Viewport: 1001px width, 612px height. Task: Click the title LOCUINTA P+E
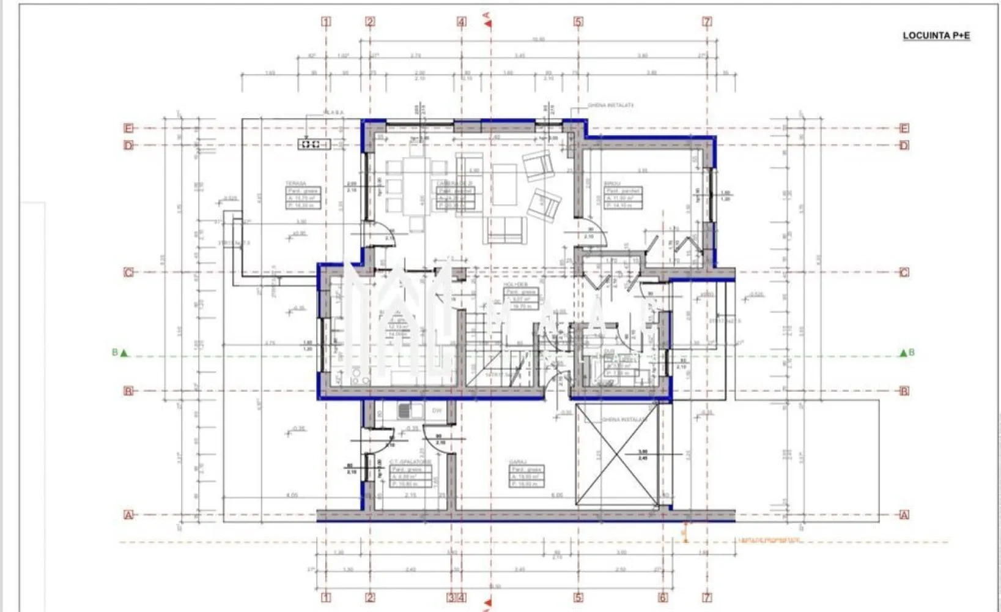[936, 35]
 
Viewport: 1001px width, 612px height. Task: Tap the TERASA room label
[295, 184]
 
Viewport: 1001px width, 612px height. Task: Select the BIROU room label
[612, 184]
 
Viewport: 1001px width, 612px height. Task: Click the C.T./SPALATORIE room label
[410, 462]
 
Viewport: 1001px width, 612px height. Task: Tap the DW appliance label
[437, 411]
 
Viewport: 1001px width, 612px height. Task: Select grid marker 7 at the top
[707, 22]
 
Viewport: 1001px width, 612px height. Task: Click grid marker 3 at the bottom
[451, 597]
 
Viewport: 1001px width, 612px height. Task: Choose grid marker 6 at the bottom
[663, 597]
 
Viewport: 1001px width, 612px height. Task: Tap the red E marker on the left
[128, 128]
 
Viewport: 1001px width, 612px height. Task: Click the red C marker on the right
[904, 272]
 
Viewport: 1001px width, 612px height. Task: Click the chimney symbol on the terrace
[314, 144]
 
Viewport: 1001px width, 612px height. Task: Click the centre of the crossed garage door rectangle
[618, 455]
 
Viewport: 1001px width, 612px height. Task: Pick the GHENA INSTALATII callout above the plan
[610, 105]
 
